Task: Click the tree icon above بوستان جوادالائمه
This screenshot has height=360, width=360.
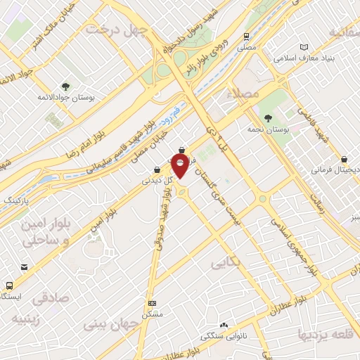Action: pos(65,87)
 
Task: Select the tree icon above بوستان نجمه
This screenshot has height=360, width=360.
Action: pos(268,117)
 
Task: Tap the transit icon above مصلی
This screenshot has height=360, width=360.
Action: pos(246,36)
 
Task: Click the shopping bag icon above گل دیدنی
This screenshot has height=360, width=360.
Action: pos(156,169)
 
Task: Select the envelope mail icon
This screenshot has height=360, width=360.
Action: pos(24,267)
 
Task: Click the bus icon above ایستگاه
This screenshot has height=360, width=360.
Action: pos(9,285)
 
